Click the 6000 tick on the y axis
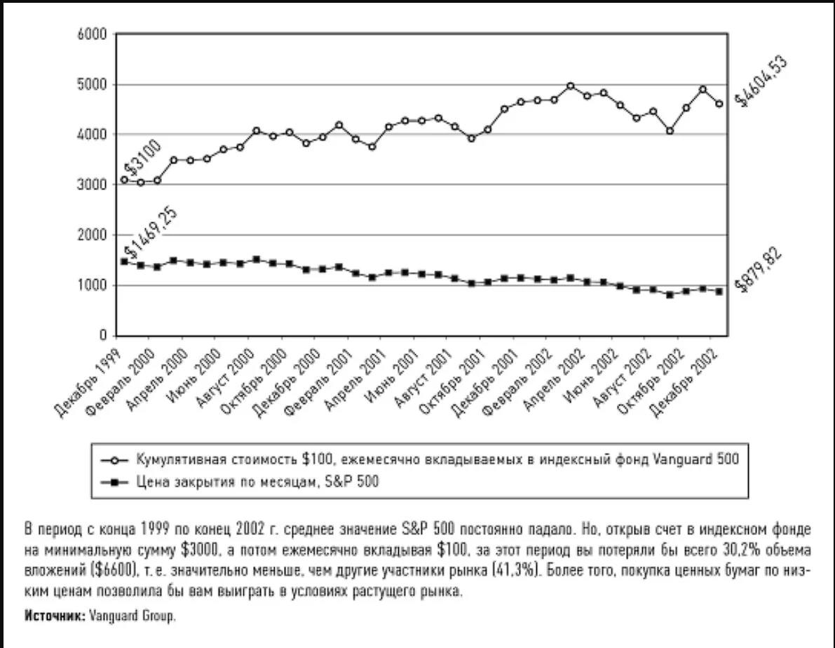tap(92, 34)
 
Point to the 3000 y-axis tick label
tap(92, 184)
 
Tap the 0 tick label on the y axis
tap(103, 335)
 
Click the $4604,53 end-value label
tap(761, 81)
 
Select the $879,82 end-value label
tap(759, 270)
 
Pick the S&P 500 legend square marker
tap(114, 482)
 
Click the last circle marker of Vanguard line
tap(719, 104)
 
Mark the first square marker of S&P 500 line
tap(124, 261)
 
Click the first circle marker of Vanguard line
tap(124, 180)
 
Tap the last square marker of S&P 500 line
tap(719, 292)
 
